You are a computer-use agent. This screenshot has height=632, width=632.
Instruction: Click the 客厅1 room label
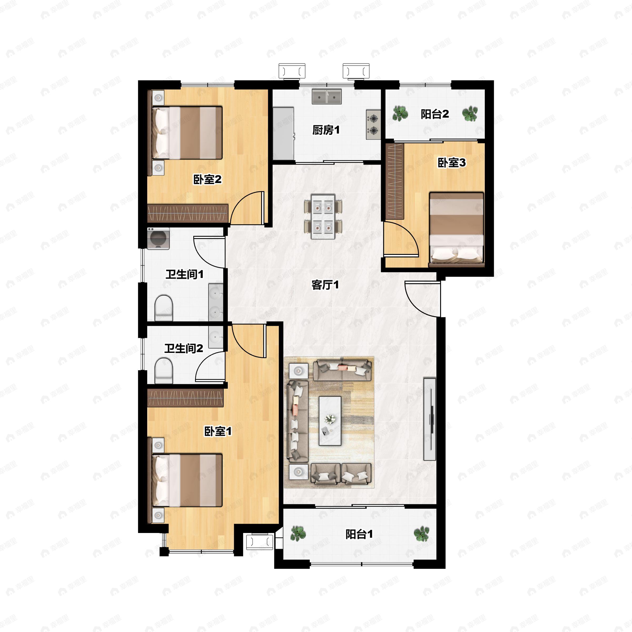coord(325,285)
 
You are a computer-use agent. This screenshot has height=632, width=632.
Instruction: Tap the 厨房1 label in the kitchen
coord(326,130)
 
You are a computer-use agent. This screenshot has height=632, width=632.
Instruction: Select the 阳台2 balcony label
coord(434,114)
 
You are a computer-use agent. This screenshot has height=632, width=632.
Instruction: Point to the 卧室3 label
coord(451,162)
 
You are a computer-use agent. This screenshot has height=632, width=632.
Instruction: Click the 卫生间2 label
coord(184,348)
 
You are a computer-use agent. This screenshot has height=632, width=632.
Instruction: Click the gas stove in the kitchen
coord(373,124)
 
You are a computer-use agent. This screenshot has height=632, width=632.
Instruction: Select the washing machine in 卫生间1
coord(158,239)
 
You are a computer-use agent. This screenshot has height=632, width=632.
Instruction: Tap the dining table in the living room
coord(323,216)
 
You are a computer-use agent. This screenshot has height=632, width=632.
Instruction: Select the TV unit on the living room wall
coord(429,419)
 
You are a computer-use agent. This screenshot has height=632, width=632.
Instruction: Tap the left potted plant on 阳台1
coord(298,534)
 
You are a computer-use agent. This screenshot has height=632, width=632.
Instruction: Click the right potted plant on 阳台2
coord(470,114)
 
